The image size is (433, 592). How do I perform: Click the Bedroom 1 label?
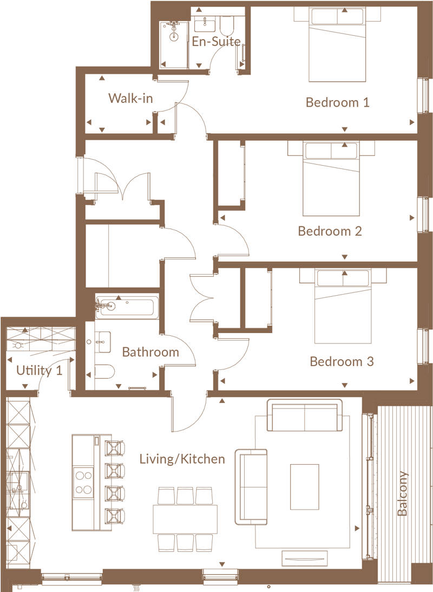(x=337, y=102)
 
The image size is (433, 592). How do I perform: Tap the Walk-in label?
(x=130, y=98)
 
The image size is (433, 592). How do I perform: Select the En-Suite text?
(x=216, y=41)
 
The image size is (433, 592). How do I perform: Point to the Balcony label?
(x=403, y=493)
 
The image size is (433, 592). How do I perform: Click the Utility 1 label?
(x=39, y=370)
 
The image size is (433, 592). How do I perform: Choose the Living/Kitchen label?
(x=182, y=459)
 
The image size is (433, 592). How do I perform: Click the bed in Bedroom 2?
(x=331, y=179)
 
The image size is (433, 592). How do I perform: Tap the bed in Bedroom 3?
(x=343, y=306)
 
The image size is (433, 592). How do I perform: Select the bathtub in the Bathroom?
(x=127, y=307)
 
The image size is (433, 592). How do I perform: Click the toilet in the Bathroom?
(x=104, y=372)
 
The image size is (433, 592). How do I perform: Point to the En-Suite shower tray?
(x=174, y=45)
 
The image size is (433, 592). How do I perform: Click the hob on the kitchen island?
(x=84, y=481)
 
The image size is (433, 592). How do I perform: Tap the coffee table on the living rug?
(x=304, y=487)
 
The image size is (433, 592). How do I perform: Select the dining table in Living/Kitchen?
(x=185, y=519)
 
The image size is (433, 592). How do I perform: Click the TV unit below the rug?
(x=305, y=558)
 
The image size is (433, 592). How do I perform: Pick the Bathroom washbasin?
(x=102, y=342)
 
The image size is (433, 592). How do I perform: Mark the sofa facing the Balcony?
(x=251, y=487)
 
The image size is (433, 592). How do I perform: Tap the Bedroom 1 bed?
(x=337, y=44)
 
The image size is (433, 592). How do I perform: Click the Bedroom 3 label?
(x=342, y=361)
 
